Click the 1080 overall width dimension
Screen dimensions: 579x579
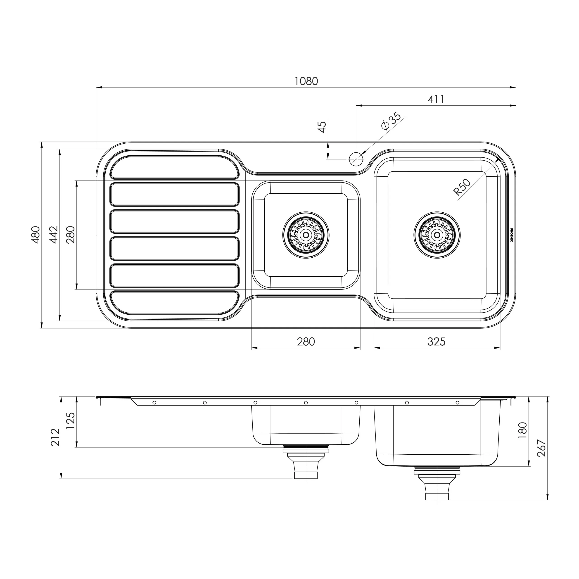[x=306, y=81]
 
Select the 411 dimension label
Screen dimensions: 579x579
[x=436, y=99]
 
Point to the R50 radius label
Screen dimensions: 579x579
[x=462, y=187]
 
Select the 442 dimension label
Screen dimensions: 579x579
[x=54, y=235]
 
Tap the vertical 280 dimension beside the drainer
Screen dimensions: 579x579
[x=71, y=235]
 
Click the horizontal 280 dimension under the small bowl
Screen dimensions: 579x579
[x=306, y=342]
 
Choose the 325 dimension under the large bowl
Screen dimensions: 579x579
[x=436, y=342]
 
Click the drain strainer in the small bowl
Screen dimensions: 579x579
[x=306, y=235]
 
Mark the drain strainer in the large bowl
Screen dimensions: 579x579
[x=437, y=235]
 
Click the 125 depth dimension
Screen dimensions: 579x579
[x=71, y=421]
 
